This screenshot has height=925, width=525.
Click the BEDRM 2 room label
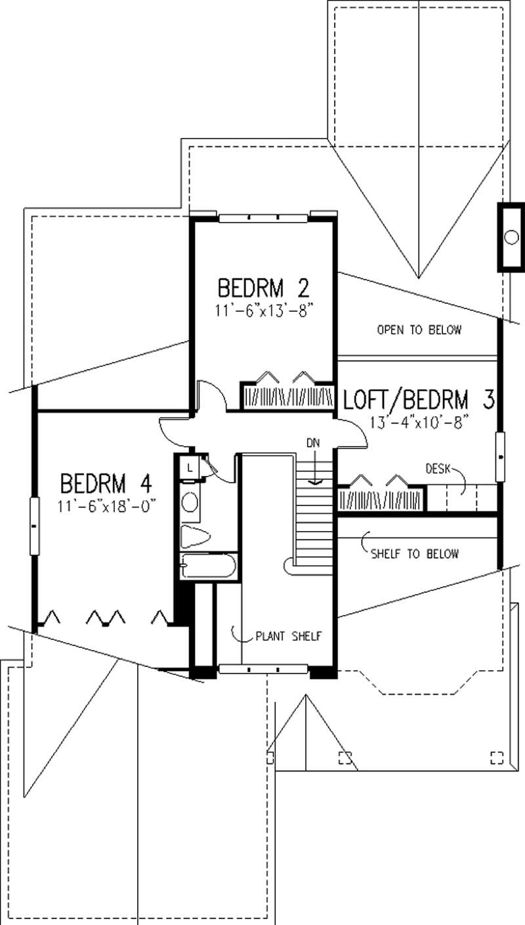coord(263,288)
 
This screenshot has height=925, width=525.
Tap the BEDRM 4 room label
coord(106,484)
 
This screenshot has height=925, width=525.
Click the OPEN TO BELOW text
coord(419,330)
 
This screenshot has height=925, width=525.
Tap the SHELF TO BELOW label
coord(414,553)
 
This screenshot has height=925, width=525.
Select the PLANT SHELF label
coord(287,636)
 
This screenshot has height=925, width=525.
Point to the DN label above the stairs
coord(312,442)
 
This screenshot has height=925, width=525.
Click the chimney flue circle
coord(511,237)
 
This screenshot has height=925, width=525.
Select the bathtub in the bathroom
coord(207,567)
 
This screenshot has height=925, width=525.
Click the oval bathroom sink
coord(189,502)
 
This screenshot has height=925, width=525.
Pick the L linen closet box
coord(189,467)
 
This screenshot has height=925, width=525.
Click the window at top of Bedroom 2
coord(263,218)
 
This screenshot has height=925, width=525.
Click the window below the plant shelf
coord(263,669)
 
